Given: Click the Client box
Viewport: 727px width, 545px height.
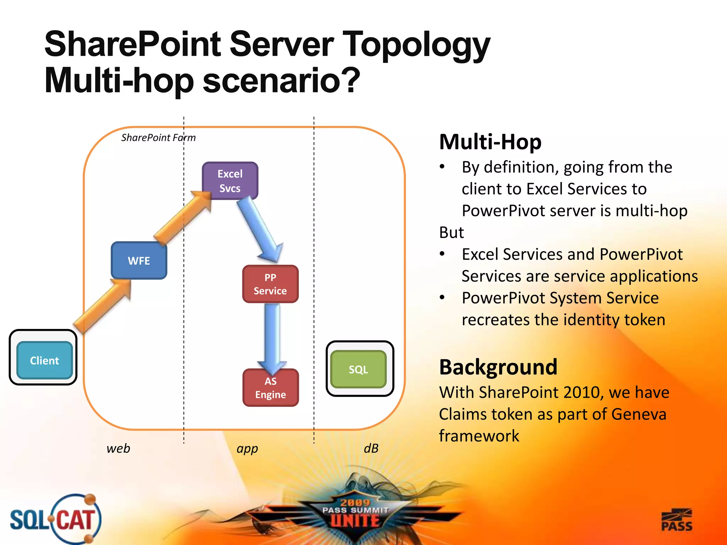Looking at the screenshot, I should click(44, 360).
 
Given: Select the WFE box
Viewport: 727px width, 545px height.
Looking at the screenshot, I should click(139, 261).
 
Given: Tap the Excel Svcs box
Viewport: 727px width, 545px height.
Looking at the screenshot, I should click(230, 181).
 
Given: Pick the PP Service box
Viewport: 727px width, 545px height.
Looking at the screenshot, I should click(270, 284).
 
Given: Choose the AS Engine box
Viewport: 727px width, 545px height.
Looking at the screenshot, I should click(270, 388).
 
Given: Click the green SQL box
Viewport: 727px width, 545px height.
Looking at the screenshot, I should click(359, 369).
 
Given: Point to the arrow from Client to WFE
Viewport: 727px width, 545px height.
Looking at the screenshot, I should click(103, 305).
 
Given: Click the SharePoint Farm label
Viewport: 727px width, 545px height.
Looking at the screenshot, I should click(158, 138).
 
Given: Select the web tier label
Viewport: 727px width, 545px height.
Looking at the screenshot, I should click(118, 448).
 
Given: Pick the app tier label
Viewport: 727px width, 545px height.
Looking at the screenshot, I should click(247, 449).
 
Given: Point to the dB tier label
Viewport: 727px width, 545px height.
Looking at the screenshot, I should click(371, 448).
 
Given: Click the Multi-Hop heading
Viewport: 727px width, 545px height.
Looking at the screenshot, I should click(490, 142).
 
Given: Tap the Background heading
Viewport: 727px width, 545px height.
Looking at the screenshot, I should click(498, 367).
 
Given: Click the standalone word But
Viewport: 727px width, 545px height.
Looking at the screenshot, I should click(451, 233).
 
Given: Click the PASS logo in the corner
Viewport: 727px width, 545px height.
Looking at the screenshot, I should click(677, 520).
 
